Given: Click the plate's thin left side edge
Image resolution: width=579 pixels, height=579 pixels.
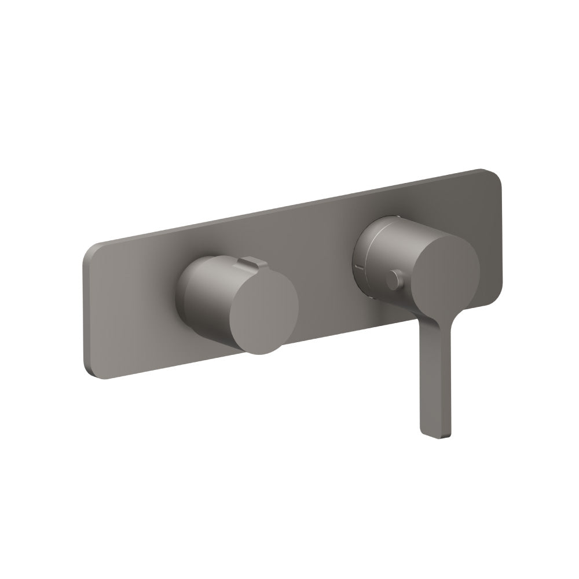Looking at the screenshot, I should click(x=86, y=313).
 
